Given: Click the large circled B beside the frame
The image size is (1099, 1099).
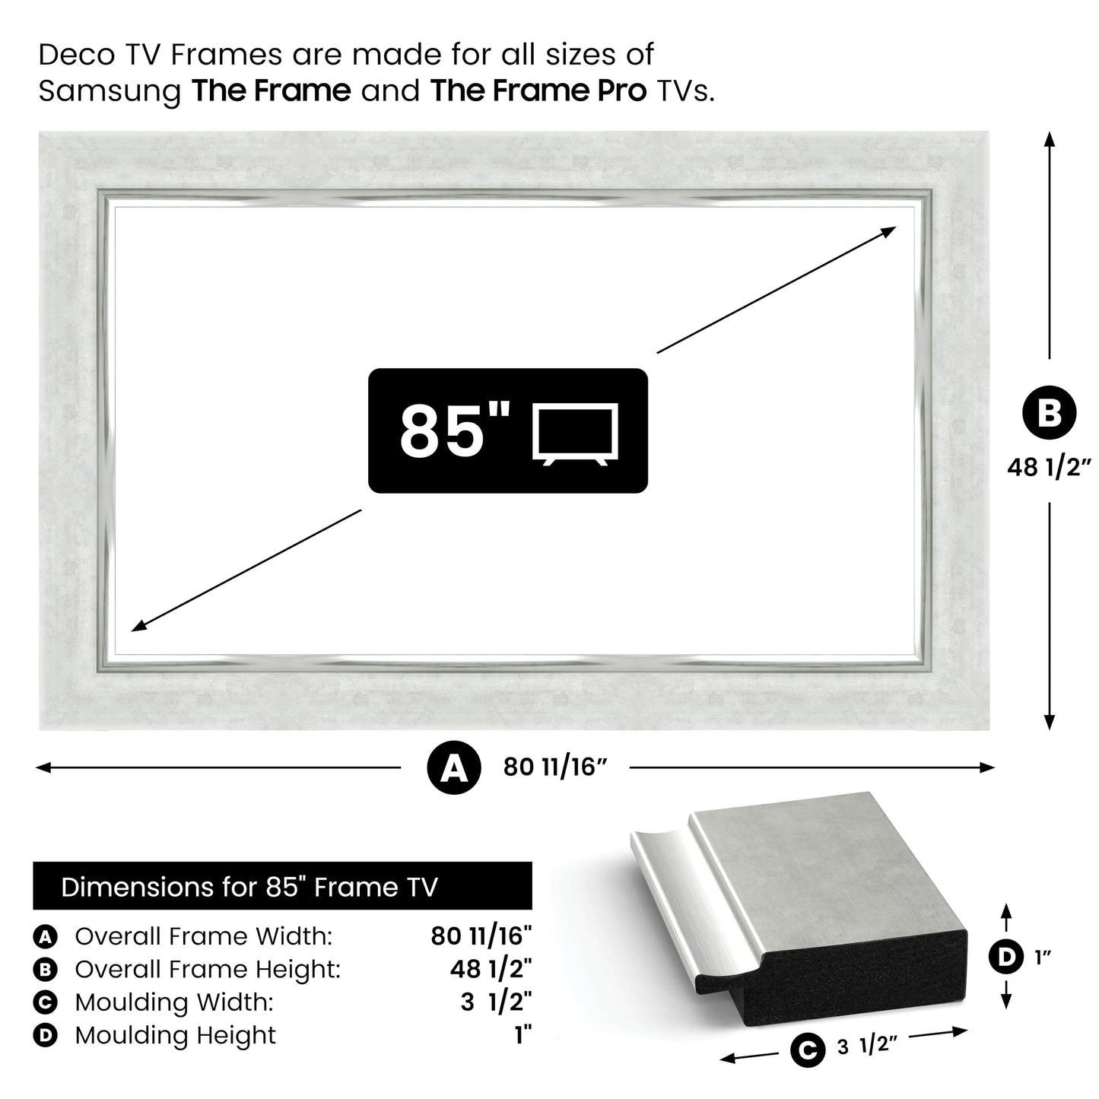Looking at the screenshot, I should (1049, 413).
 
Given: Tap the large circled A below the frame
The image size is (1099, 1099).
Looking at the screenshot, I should (454, 769).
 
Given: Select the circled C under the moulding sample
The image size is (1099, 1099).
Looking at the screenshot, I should (808, 1050).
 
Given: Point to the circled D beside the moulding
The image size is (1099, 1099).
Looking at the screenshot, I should (1006, 957).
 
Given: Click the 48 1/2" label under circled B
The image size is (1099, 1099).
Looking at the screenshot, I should (1049, 467).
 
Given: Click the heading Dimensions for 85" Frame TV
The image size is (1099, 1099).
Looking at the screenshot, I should (249, 887).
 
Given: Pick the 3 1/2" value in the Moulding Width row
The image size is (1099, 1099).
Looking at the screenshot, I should (495, 1002).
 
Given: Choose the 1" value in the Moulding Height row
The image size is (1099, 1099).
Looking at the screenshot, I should (523, 1035).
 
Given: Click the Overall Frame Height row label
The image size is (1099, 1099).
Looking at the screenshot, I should (207, 969).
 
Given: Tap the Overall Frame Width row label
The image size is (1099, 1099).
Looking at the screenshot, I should (203, 936).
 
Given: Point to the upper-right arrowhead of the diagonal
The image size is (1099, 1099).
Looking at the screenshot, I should (889, 231).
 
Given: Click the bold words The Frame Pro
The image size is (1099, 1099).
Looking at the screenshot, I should (538, 91).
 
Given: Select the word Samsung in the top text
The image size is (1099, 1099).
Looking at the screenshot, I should (110, 91).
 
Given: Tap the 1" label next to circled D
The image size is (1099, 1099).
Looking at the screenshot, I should (1042, 958).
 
